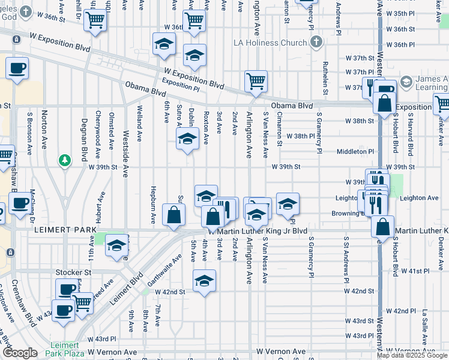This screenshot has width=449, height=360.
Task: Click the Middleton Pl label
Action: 355,152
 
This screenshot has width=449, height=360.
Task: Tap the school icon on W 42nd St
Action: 204,281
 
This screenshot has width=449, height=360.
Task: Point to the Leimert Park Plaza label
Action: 62,350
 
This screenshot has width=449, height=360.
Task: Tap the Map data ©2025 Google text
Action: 412,355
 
